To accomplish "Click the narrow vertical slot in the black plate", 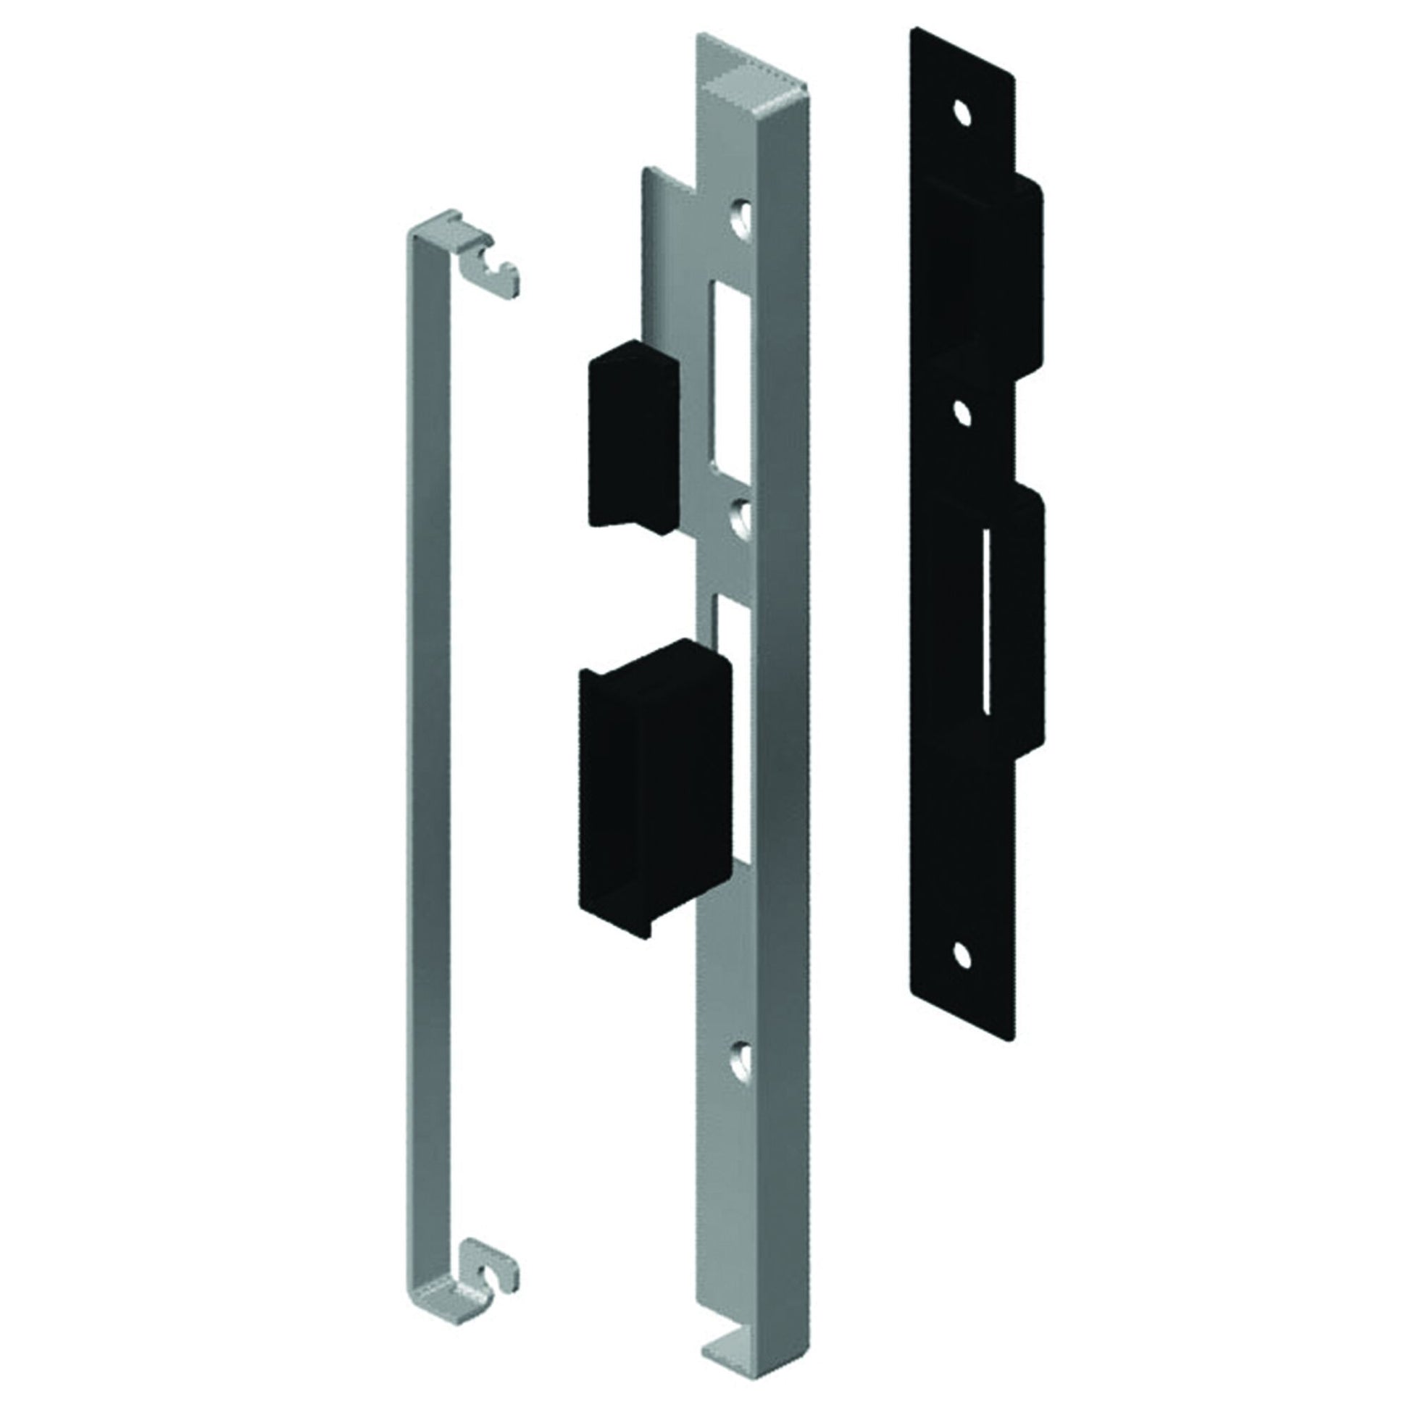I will coord(987,620).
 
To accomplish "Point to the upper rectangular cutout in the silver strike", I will coord(727,379).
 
